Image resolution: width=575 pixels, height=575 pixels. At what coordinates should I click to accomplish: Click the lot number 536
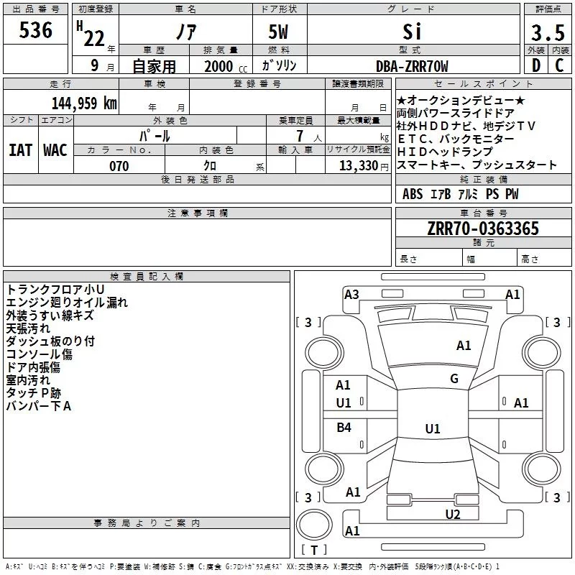tap(36, 31)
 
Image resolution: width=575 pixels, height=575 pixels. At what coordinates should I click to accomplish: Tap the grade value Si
tap(412, 32)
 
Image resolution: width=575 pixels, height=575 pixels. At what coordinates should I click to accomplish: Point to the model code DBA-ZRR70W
tap(412, 67)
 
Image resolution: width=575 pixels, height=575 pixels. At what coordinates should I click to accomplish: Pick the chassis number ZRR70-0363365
tap(482, 229)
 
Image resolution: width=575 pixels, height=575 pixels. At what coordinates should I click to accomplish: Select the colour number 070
tap(119, 166)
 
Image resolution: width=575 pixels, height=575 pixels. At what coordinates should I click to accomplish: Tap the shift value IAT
tap(20, 150)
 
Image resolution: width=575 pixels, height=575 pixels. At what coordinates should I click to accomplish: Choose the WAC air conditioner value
tap(55, 150)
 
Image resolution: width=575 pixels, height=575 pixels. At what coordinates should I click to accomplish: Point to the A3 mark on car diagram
tap(351, 294)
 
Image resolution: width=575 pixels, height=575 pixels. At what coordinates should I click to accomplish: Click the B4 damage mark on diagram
tap(344, 428)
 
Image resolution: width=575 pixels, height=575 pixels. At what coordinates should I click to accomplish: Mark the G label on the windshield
tap(454, 379)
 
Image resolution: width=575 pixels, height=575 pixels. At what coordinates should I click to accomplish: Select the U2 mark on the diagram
tap(452, 514)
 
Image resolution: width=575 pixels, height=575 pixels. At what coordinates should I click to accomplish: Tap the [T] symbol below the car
tap(314, 551)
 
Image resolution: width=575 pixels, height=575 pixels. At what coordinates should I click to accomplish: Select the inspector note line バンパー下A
tap(39, 406)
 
